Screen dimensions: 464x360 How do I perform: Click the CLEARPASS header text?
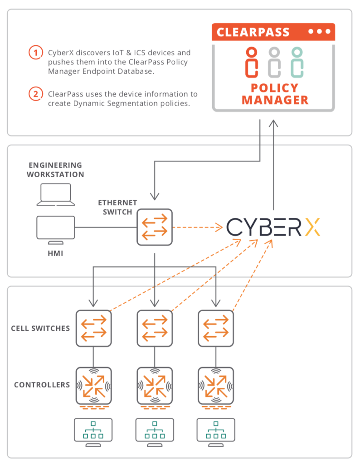pyautogui.click(x=253, y=32)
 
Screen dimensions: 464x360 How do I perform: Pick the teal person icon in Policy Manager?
pyautogui.click(x=297, y=62)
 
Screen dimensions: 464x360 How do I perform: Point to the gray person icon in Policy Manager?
pyautogui.click(x=274, y=62)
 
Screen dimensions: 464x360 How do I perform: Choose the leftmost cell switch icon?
pyautogui.click(x=93, y=328)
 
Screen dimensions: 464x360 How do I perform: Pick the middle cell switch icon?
pyautogui.click(x=155, y=328)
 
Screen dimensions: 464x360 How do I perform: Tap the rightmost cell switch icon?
pyautogui.click(x=216, y=328)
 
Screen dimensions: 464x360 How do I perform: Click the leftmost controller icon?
pyautogui.click(x=93, y=385)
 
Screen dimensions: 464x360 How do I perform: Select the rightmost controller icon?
pyautogui.click(x=216, y=385)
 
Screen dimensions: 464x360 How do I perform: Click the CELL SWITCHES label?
pyautogui.click(x=40, y=328)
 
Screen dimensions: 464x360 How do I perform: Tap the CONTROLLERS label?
pyautogui.click(x=42, y=385)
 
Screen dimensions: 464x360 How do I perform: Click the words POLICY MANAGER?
pyautogui.click(x=275, y=94)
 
